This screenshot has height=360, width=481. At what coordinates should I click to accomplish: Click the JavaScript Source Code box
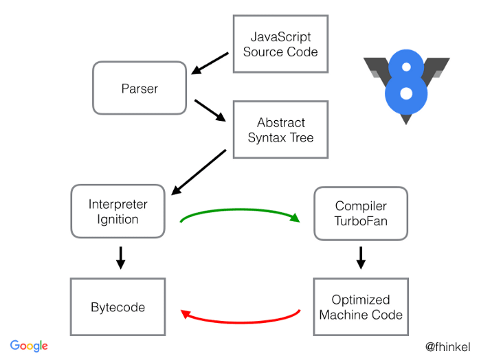[x=280, y=43]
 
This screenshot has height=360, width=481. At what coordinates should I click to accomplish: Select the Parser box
[x=139, y=88]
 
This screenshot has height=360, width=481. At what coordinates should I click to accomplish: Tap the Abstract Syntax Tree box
[x=280, y=130]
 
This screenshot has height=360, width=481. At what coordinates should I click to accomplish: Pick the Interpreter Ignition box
[x=118, y=212]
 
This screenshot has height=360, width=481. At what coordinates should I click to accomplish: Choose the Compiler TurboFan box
[x=361, y=213]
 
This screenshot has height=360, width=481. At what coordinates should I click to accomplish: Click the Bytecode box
[x=118, y=306]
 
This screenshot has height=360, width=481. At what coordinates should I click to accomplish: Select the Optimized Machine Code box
[x=361, y=307]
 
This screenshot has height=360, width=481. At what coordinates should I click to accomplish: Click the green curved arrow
[x=240, y=212]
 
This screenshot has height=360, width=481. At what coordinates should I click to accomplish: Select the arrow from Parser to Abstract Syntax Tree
[x=210, y=110]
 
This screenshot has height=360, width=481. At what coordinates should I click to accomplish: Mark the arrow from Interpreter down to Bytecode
[x=120, y=257]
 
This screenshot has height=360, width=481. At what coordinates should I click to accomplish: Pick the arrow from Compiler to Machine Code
[x=361, y=258]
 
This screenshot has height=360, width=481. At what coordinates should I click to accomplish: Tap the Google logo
[x=29, y=346]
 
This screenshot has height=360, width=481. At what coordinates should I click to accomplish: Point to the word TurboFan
[x=361, y=221]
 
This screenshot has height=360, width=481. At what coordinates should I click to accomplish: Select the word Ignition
[x=118, y=220]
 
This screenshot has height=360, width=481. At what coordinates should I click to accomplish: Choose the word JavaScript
[x=280, y=36]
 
